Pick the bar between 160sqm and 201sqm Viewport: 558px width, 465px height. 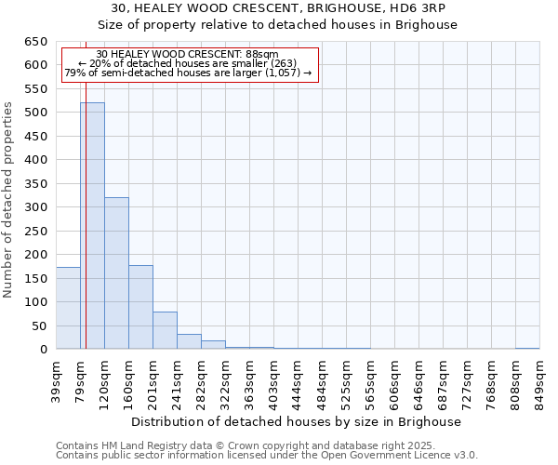(x=140, y=307)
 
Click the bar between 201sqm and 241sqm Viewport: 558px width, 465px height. (x=165, y=330)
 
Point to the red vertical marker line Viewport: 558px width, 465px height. (x=85, y=232)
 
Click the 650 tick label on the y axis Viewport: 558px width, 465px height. (x=35, y=42)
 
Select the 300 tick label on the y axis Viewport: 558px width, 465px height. (x=35, y=207)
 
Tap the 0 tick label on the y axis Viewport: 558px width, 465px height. (x=43, y=350)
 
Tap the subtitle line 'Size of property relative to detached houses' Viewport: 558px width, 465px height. (x=279, y=24)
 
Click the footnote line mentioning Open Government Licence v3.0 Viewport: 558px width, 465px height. (x=267, y=456)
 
